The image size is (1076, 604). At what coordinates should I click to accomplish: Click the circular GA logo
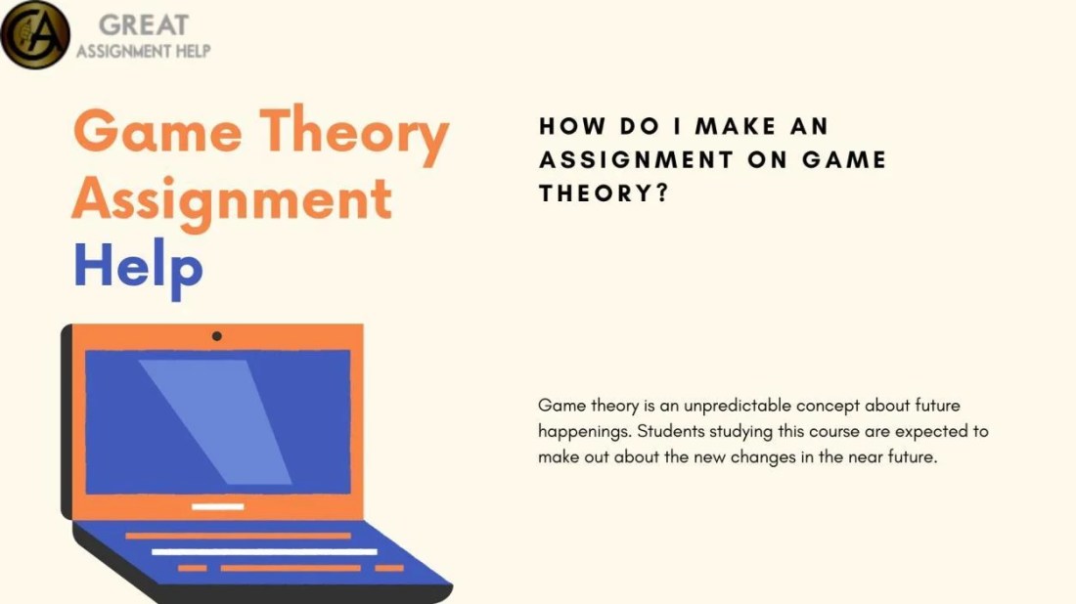35,34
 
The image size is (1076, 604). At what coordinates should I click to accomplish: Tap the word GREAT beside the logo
143,25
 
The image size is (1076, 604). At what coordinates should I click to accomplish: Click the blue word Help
138,266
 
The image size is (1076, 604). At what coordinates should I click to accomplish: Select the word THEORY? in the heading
604,193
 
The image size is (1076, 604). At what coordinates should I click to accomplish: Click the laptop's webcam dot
216,336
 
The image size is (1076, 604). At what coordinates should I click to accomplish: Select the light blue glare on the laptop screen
215,420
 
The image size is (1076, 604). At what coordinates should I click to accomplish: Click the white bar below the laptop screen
217,506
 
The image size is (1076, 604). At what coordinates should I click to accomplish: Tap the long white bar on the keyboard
263,552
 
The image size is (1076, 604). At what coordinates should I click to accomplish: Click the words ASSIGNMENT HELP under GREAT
143,51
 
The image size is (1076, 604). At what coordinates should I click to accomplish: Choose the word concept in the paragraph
826,406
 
